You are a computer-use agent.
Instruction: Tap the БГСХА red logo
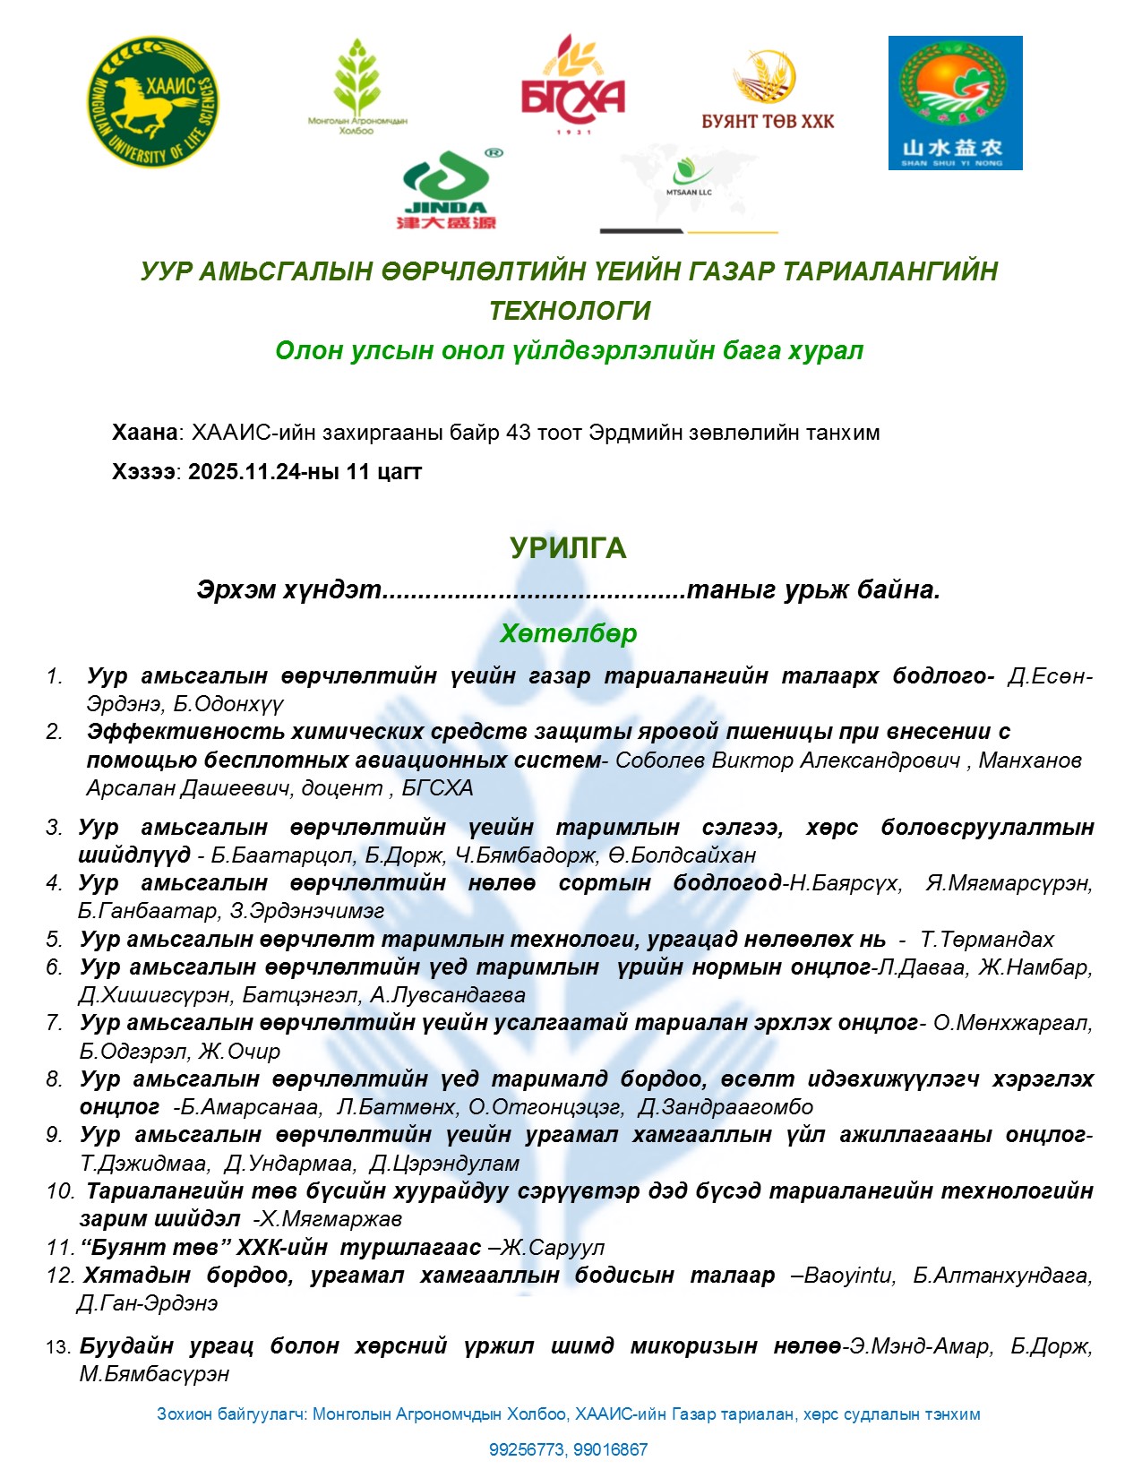pos(572,86)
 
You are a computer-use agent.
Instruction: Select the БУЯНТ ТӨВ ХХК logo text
pos(768,121)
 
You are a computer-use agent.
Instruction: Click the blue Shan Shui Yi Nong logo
pos(955,103)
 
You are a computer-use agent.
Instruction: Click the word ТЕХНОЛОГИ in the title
pos(570,311)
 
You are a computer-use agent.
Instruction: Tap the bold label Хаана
pos(144,433)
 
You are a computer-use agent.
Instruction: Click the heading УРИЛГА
pos(568,547)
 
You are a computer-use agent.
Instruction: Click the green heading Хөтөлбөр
pos(568,633)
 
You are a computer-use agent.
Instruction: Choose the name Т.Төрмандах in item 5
pos(987,940)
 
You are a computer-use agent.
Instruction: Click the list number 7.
pos(55,1023)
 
